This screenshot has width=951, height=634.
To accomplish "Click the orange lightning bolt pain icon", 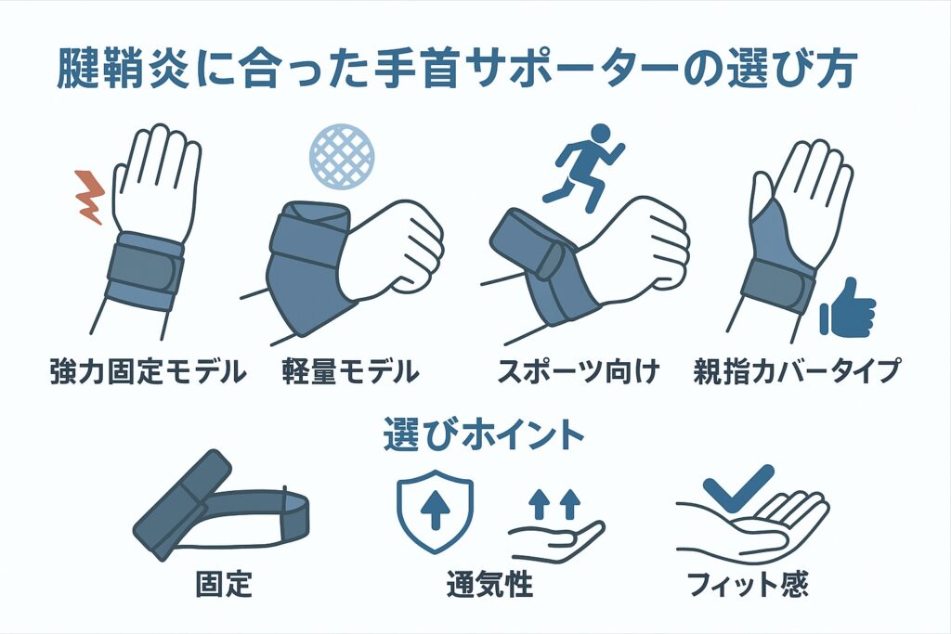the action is point(89,198).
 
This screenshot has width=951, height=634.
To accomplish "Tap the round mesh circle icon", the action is point(342,156).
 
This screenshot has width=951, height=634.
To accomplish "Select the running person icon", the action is point(584,168).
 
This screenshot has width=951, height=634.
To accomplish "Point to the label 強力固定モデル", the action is point(148,370).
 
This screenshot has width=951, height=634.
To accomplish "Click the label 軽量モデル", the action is point(350,370).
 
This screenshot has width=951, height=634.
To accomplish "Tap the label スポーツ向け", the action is point(578,370).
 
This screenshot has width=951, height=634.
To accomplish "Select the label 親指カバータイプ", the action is point(797,370).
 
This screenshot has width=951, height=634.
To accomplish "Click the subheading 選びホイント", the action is point(483,434).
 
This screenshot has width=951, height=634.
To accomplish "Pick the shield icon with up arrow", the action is point(435,511).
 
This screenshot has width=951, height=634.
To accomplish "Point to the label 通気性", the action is point(489,583).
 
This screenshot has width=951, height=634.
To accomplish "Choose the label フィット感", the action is point(748,583).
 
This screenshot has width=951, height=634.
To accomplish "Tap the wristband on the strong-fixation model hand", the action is point(145,272).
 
